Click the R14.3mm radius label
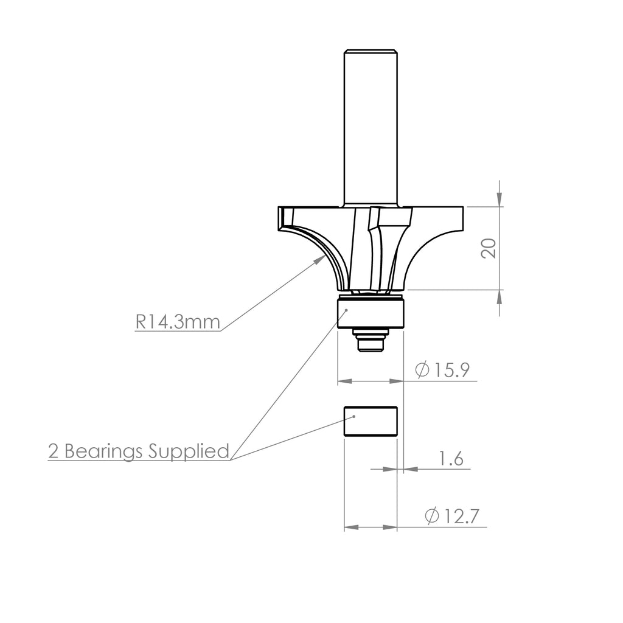(177, 322)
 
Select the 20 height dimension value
(489, 248)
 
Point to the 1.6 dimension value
(451, 459)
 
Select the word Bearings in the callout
(105, 451)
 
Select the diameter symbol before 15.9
(422, 370)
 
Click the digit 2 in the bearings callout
(54, 451)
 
